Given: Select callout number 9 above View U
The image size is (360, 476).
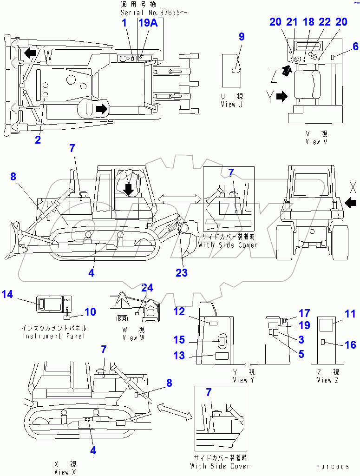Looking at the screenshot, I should (x=242, y=37).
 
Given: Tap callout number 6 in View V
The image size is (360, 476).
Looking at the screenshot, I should (x=355, y=46).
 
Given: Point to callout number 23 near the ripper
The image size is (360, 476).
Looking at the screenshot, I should (x=181, y=273).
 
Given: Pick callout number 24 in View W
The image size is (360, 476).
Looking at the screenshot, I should (x=147, y=288).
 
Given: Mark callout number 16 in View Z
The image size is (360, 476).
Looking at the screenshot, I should (x=351, y=344).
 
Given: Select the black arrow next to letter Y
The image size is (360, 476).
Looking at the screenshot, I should (x=282, y=96).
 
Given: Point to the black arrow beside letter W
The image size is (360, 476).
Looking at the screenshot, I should (x=30, y=53).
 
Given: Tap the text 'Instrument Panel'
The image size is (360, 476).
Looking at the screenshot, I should (x=54, y=336).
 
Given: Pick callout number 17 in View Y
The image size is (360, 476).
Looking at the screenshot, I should (x=304, y=314).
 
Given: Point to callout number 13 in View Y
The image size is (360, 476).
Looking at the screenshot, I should (x=179, y=356).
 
